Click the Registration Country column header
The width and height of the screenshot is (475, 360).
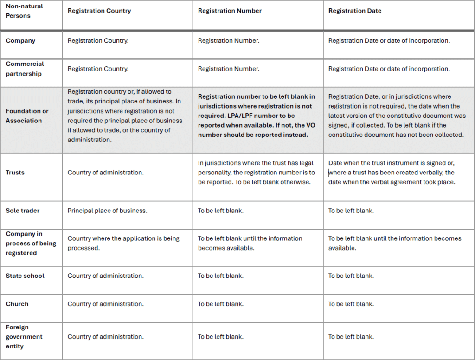(x=99, y=11)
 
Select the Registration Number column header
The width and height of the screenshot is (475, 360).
(x=230, y=11)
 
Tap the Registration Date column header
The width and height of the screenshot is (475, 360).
(x=355, y=11)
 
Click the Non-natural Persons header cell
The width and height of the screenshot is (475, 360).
(x=25, y=11)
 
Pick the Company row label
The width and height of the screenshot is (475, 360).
(x=20, y=41)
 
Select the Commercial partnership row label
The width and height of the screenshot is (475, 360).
(x=25, y=69)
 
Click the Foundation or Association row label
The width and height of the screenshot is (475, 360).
(x=27, y=116)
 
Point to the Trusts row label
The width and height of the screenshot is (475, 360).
(x=15, y=173)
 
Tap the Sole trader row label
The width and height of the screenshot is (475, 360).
(x=23, y=211)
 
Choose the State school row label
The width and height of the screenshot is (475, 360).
(x=25, y=276)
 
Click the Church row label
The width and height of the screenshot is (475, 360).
(x=17, y=304)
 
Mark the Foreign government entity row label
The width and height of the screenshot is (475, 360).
(x=24, y=337)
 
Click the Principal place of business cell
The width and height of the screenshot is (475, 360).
(x=107, y=211)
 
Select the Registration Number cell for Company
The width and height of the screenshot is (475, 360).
(x=229, y=41)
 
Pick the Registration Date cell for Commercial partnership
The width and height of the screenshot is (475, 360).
(x=389, y=69)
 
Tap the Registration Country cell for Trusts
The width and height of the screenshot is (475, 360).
(x=106, y=173)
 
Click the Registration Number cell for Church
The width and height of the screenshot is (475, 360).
(x=220, y=304)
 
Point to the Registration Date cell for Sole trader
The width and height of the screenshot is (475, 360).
(x=351, y=211)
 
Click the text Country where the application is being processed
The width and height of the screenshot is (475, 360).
(x=123, y=243)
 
